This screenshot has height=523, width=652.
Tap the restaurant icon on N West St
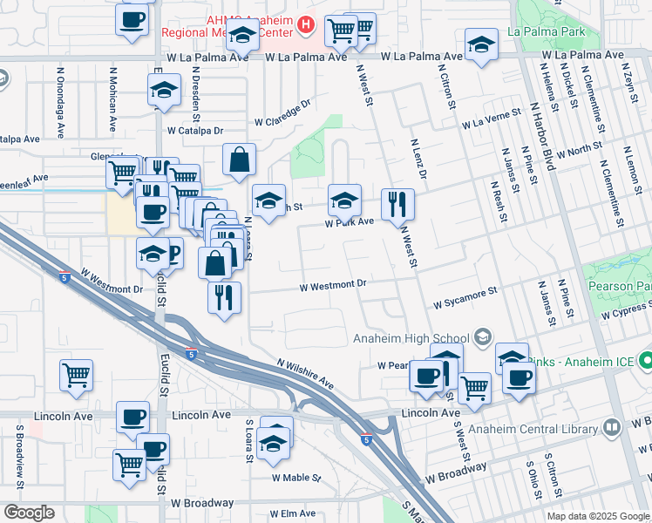pos(397,205)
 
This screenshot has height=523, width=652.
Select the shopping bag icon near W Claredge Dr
pos(239,160)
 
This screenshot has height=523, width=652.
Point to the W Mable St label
pos(296,479)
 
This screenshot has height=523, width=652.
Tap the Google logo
pos(29,512)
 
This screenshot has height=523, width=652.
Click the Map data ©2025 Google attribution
pos(597,516)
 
